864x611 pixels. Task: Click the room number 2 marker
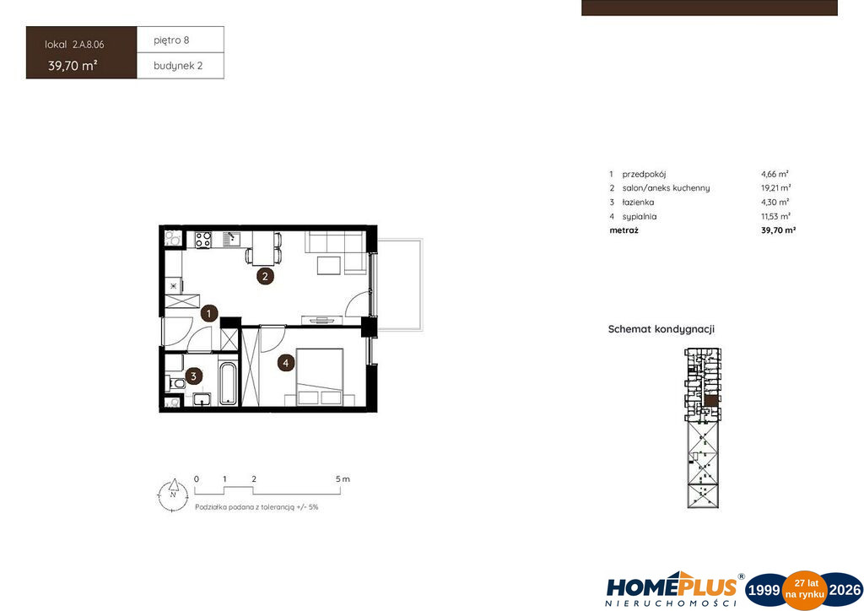265,276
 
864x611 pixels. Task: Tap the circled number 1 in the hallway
209,314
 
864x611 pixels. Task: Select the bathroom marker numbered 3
193,376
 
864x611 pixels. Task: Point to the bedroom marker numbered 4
285,363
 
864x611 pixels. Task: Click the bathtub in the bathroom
228,382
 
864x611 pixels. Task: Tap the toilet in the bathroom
175,382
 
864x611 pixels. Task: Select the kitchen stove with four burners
203,240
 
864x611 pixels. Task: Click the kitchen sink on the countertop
231,239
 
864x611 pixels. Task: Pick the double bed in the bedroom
320,377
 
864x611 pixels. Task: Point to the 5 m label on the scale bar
343,479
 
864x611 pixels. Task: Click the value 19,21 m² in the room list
776,188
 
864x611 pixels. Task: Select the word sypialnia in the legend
640,217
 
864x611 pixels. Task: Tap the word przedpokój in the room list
644,174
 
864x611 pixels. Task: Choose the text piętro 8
171,41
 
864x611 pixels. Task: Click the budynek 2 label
178,66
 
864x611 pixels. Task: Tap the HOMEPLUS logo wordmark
671,587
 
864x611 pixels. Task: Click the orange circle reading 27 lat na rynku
805,590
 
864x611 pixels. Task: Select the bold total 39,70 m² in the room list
778,230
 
